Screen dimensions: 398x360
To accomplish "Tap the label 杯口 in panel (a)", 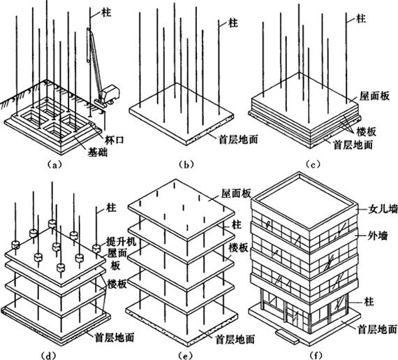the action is coord(115,140).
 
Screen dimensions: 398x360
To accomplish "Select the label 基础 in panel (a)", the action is coord(98,152).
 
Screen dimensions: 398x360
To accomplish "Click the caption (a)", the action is coord(54,165).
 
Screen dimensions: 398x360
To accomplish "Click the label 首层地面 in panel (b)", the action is coord(238,139).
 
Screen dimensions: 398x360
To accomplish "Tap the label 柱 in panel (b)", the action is coord(233,23).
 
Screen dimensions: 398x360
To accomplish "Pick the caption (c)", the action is coord(313,165).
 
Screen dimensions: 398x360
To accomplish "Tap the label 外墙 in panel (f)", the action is coord(378,236).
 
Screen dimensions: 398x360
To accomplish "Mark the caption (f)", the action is coord(316,355).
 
